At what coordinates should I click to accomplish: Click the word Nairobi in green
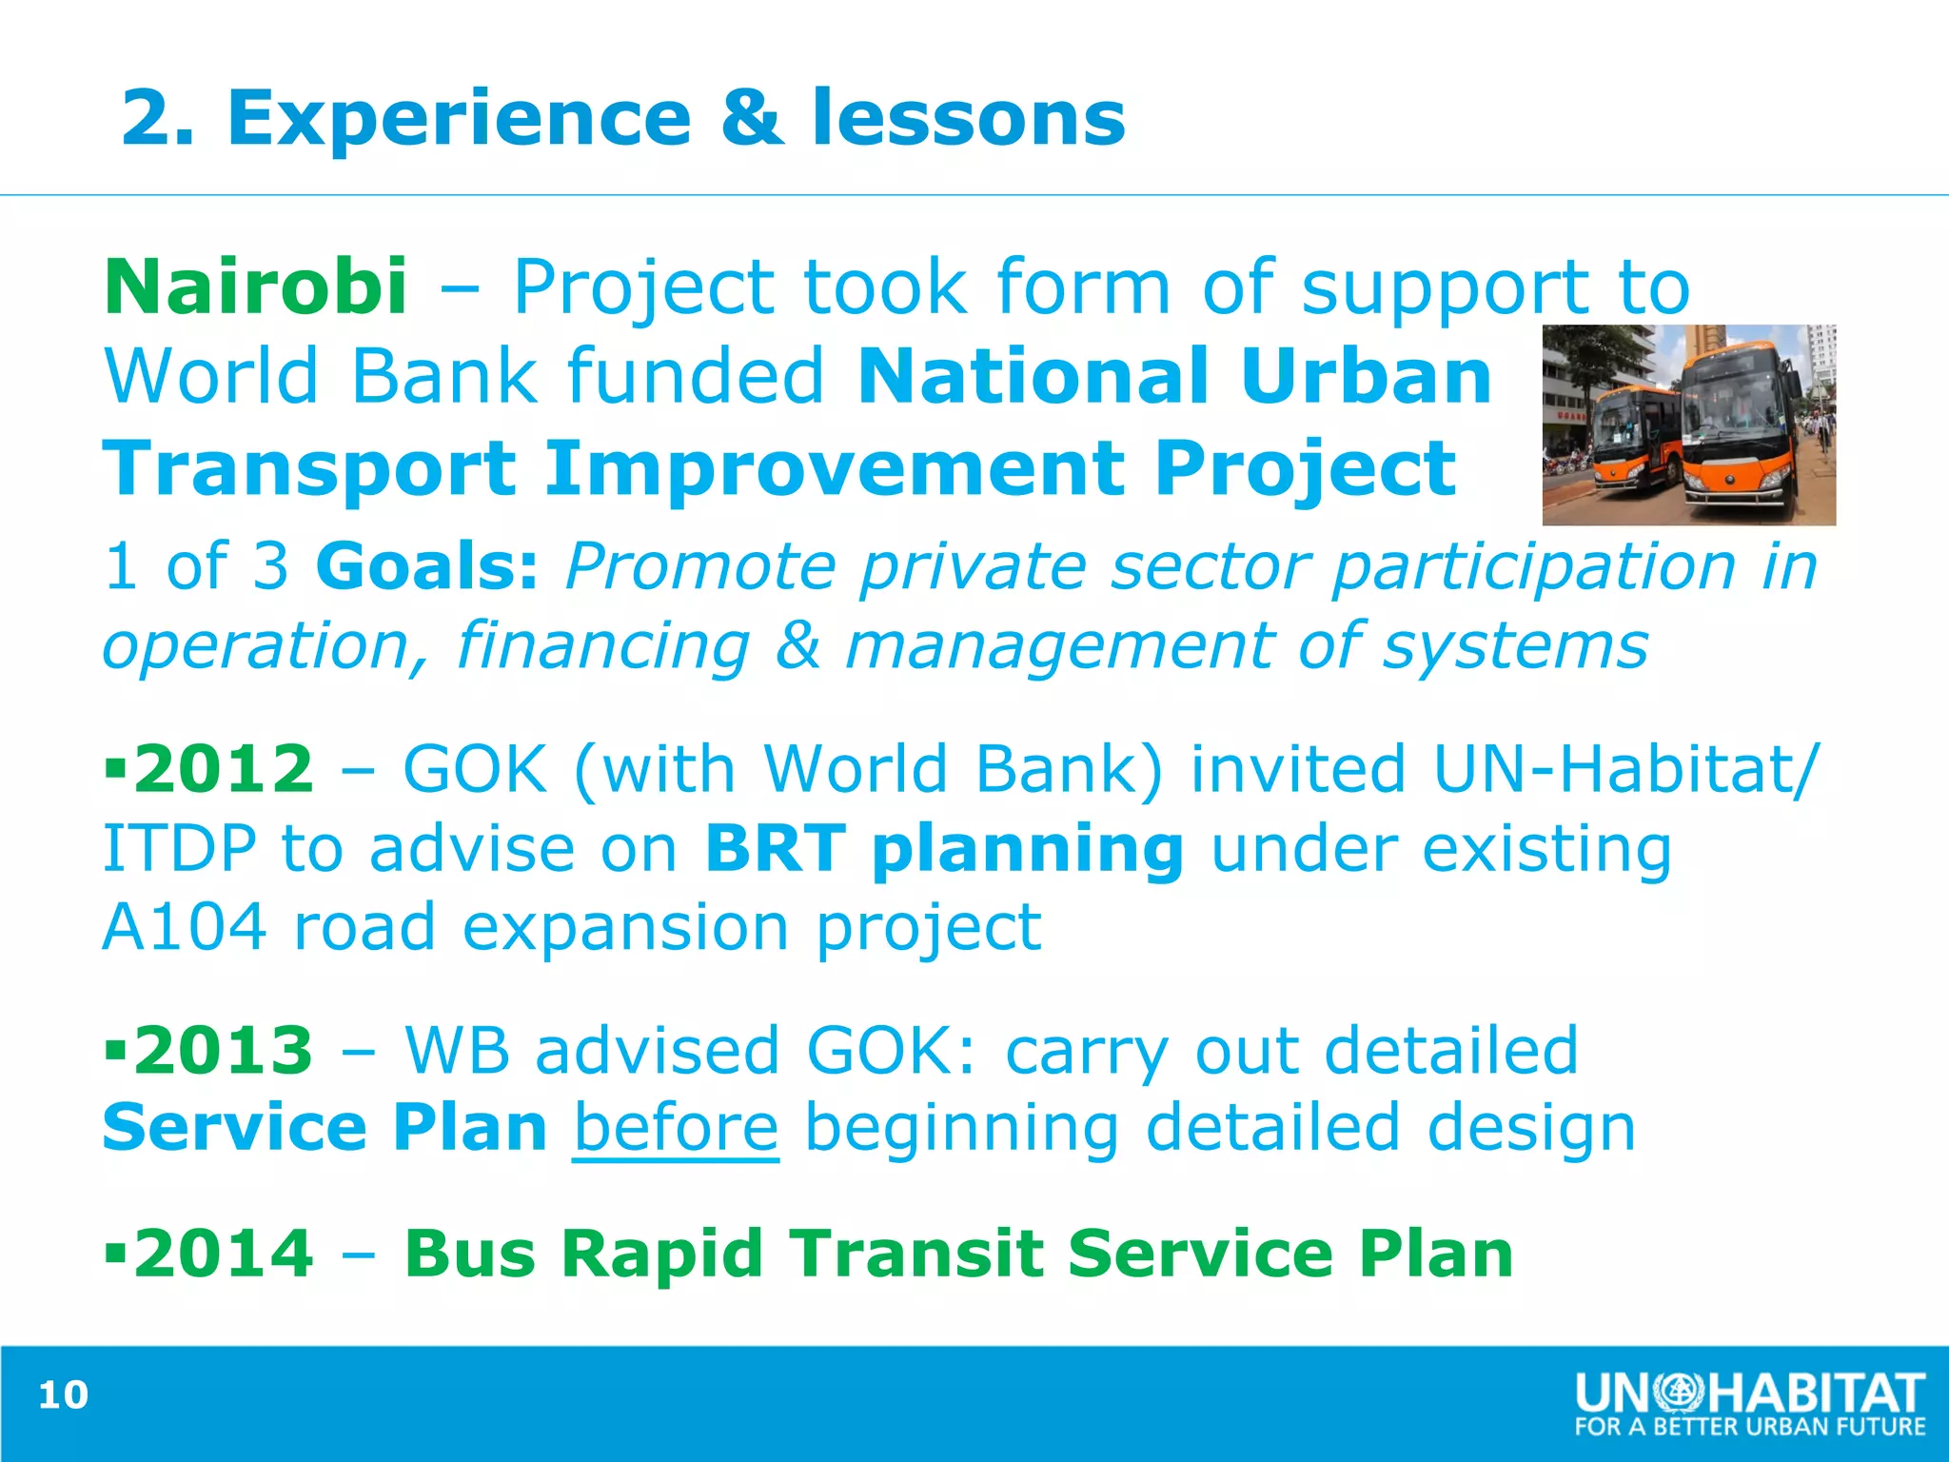pos(255,286)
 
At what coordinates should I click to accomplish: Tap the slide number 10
pos(63,1394)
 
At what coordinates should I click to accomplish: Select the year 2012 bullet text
pos(223,768)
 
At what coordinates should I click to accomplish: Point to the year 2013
pos(223,1050)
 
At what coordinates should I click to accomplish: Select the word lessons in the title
pos(968,118)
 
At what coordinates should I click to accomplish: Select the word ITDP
pos(179,848)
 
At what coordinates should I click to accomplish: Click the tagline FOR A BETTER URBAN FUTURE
pos(1749,1427)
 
